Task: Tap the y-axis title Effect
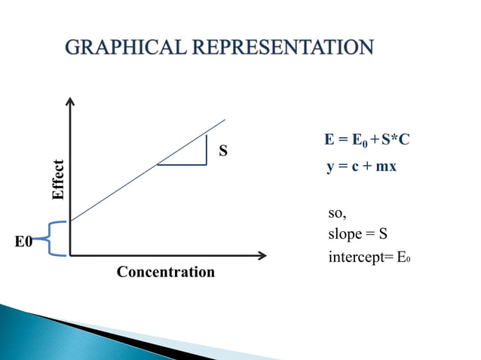(58, 179)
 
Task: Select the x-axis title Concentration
(165, 272)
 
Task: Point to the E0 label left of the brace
(24, 242)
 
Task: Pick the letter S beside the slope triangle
(223, 151)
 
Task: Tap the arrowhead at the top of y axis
(70, 101)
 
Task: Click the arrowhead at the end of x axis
(262, 255)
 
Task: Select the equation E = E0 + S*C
(366, 141)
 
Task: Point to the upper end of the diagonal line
(224, 120)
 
